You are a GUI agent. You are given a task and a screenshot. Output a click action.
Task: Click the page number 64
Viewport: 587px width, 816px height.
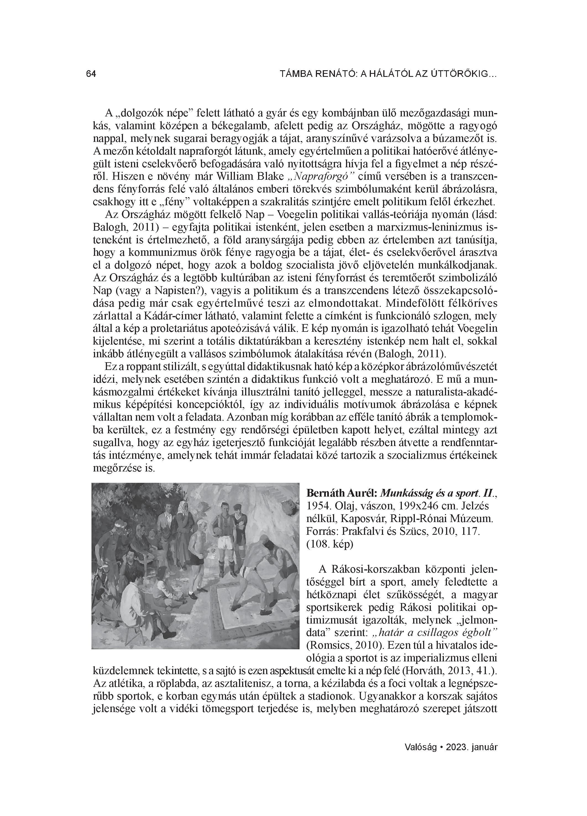pos(91,74)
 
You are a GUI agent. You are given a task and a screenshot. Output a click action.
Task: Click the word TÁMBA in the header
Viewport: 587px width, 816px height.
pos(295,74)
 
